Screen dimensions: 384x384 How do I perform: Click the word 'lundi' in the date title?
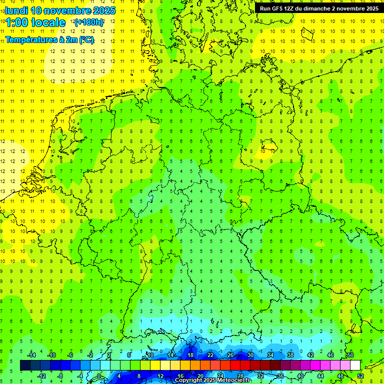(x=16, y=10)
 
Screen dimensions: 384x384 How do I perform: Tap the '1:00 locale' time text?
(x=35, y=22)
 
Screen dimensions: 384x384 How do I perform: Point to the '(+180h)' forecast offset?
(x=89, y=22)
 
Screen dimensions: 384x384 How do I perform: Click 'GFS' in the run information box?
(x=278, y=8)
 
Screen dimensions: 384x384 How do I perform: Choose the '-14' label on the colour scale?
(x=31, y=355)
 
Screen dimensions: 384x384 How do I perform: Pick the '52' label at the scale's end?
(x=360, y=375)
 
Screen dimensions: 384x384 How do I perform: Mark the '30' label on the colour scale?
(x=250, y=355)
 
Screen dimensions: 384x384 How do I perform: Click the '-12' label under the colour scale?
(x=41, y=375)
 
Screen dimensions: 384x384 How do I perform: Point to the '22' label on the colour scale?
(x=210, y=355)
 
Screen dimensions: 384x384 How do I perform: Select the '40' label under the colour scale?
(x=300, y=375)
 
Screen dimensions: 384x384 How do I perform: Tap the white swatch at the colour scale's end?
(x=355, y=365)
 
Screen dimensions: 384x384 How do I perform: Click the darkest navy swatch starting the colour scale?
(x=25, y=365)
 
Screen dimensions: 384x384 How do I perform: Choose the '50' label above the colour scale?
(x=350, y=355)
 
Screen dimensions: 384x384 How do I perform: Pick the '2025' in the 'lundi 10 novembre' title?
(x=104, y=10)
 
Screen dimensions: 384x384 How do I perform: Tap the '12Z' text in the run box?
(x=292, y=8)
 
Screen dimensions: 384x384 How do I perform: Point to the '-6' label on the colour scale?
(x=70, y=355)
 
